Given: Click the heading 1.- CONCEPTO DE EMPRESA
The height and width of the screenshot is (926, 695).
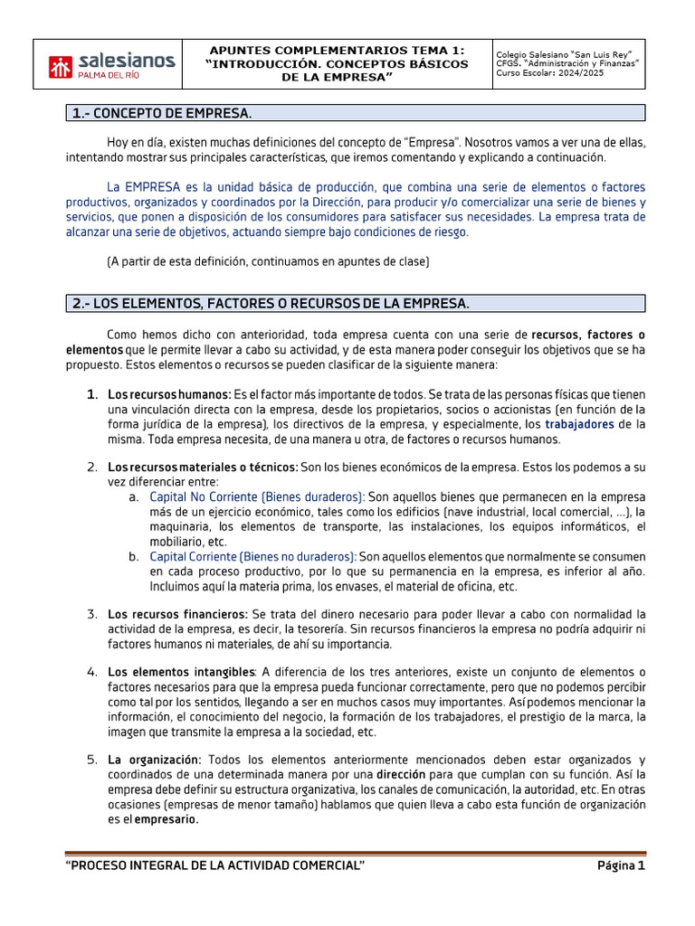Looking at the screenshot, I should point(161,113).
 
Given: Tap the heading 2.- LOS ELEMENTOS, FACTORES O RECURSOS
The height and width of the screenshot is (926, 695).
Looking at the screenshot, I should point(270,303).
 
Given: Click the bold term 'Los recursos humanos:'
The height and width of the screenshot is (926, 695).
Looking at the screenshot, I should point(169,395).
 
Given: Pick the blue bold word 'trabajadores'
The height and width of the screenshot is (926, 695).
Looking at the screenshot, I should point(579,424).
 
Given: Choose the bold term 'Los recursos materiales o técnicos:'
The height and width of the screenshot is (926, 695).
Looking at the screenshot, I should point(202,468).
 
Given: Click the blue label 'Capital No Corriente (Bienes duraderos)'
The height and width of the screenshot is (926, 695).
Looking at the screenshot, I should point(257,497).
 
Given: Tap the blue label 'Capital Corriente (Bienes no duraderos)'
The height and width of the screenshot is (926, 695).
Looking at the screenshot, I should point(252,556).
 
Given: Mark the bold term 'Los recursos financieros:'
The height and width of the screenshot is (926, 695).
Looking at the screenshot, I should point(177,614).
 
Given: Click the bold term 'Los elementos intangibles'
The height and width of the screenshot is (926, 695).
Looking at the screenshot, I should point(181,673).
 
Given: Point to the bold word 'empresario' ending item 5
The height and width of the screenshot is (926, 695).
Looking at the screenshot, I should point(167,819).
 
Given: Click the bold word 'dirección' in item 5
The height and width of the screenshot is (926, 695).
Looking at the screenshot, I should point(406,775).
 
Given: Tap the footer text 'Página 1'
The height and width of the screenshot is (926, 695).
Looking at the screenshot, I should point(621,866).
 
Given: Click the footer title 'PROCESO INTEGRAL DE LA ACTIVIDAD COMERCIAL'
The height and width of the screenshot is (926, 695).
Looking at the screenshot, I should point(215,866).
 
